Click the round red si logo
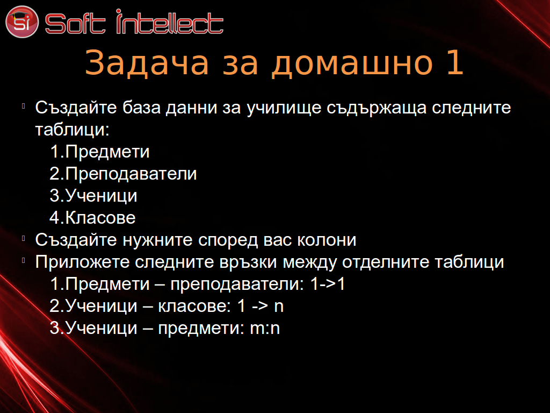21,22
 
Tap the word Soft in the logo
75,24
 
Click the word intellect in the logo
170,22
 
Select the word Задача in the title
147,62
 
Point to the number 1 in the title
455,62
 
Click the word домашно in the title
352,63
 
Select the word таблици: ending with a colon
73,130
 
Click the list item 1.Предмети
99,152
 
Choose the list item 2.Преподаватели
123,174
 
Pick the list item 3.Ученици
93,196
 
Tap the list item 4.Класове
92,218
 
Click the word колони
327,240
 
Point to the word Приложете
82,262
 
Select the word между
310,262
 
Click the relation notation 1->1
328,284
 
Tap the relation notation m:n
265,329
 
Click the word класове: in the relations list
194,306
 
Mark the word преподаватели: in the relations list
237,284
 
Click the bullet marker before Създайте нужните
24,238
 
